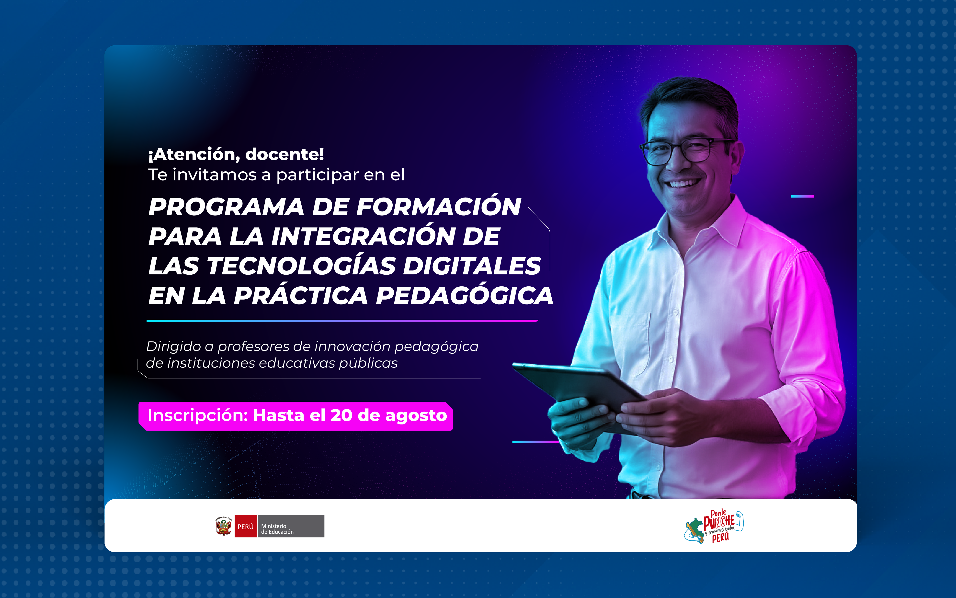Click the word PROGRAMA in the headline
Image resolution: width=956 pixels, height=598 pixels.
pyautogui.click(x=226, y=207)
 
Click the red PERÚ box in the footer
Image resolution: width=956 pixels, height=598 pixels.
pyautogui.click(x=245, y=526)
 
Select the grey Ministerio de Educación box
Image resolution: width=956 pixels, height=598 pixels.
pyautogui.click(x=291, y=526)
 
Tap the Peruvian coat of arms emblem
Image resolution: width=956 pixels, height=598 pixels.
pyautogui.click(x=224, y=526)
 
